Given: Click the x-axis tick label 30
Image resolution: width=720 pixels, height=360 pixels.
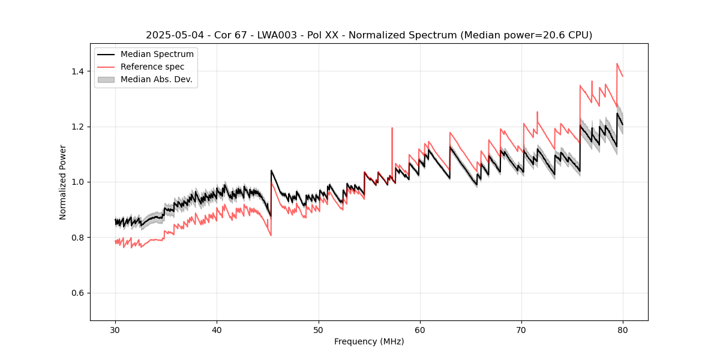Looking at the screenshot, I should coord(115,330).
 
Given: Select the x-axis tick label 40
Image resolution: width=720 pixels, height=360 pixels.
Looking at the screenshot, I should coord(217,330).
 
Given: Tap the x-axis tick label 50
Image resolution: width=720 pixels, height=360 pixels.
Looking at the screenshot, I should coord(319,330).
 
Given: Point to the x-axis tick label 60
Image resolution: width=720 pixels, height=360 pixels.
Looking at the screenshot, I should coord(420,330).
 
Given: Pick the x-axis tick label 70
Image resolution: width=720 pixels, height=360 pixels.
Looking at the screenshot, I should coord(521,330).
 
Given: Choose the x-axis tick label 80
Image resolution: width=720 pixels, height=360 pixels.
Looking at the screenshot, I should coord(623,330).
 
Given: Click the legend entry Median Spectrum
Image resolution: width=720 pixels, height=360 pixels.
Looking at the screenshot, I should coord(157,55).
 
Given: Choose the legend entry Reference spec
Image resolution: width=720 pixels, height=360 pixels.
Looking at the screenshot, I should coord(152,67).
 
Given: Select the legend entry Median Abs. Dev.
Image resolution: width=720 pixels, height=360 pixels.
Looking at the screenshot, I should coord(156,79).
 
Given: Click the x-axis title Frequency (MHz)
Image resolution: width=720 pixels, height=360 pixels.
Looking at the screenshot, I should coord(369,341).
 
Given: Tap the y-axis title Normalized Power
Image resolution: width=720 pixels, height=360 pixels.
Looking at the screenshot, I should coord(63,182).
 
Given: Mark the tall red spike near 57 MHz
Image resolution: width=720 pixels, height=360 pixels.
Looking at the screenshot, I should coord(392,128).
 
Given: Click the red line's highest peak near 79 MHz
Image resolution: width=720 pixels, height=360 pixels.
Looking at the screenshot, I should coord(617,64).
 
